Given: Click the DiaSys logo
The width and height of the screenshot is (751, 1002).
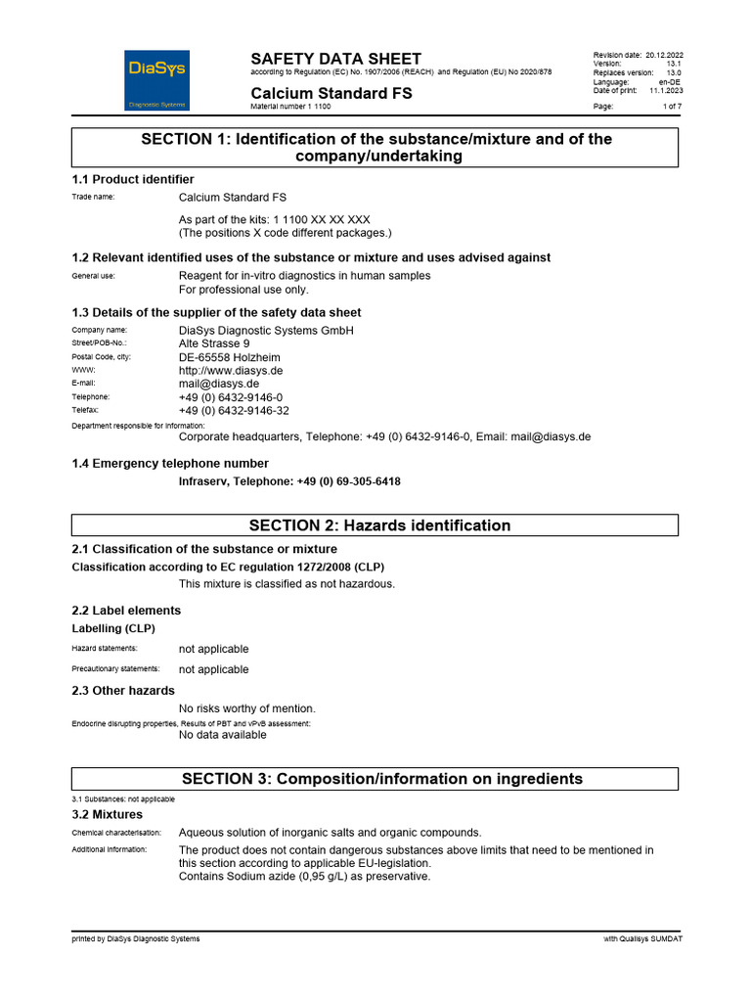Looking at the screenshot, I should [157, 79].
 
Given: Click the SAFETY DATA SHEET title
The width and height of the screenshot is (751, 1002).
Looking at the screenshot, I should [335, 59].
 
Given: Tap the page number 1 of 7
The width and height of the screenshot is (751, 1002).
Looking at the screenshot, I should [672, 106].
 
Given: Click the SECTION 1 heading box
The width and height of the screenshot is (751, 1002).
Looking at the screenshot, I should [375, 148].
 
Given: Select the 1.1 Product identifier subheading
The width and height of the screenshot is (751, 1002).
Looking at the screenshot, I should [133, 179].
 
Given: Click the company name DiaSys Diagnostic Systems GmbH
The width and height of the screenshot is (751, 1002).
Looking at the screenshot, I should [266, 331].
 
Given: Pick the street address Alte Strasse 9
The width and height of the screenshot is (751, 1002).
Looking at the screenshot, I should [214, 344].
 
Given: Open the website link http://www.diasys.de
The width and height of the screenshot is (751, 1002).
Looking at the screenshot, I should [231, 371].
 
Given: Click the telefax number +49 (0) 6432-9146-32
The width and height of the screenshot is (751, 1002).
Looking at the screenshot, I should [234, 411].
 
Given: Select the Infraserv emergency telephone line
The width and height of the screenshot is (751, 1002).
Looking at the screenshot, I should [289, 481].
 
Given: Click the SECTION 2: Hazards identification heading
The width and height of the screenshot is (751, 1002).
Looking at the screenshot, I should [375, 525].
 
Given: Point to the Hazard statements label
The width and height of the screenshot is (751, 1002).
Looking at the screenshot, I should [105, 648].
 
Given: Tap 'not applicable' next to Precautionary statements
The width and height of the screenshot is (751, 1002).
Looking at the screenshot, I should [213, 669].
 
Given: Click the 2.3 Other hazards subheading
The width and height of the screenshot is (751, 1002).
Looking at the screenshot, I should [123, 690].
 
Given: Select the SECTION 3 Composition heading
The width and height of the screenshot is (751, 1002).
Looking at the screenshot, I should [375, 779].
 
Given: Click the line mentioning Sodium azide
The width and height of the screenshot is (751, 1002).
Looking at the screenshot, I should [304, 877].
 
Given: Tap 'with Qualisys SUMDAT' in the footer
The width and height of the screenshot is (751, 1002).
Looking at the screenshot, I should [643, 939].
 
